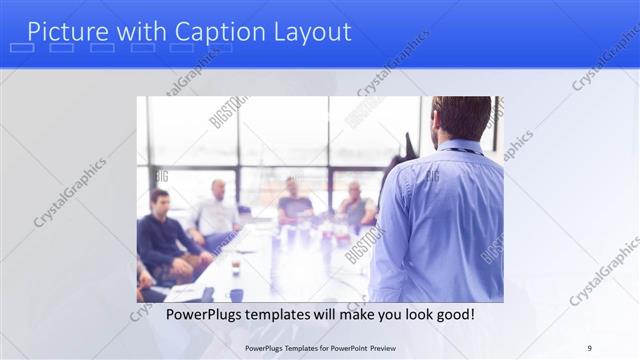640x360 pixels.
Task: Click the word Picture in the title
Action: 65,32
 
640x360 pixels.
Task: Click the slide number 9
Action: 590,347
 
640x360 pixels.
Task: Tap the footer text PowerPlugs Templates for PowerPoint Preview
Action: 320,347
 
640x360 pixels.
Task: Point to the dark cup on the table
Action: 236,294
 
